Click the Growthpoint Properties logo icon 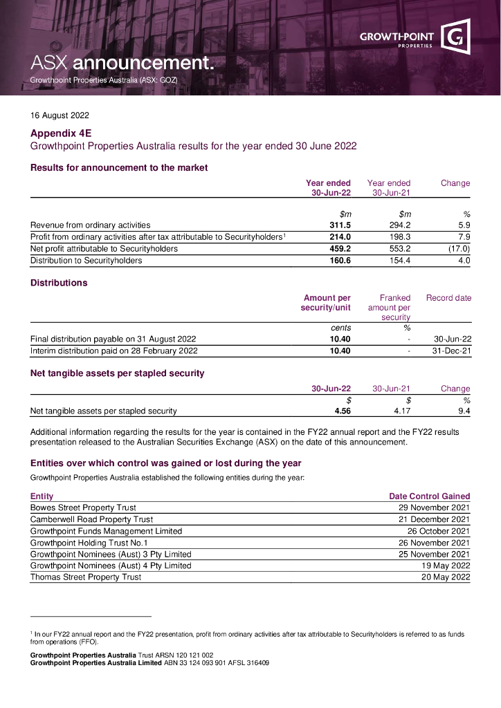[456, 38]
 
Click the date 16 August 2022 [60, 116]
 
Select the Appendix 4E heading [61, 133]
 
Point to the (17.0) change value [459, 248]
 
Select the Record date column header [448, 298]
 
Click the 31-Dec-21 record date [452, 351]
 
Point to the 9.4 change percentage [464, 411]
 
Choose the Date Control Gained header [430, 496]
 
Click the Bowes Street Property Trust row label [83, 507]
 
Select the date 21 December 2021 [435, 519]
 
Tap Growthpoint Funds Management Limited [106, 531]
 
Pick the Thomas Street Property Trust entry [86, 577]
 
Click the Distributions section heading [59, 283]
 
